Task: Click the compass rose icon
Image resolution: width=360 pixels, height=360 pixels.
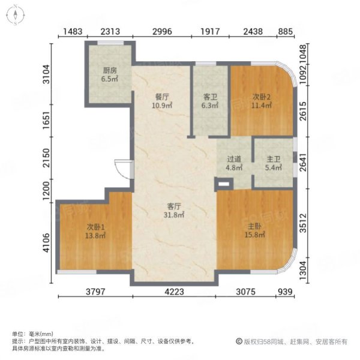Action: (x=16, y=15)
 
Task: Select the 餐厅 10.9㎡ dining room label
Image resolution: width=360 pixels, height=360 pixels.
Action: (x=162, y=101)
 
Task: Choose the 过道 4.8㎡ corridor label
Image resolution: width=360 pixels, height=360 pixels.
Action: (x=234, y=163)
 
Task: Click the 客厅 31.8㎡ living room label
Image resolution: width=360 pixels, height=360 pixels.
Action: (x=174, y=211)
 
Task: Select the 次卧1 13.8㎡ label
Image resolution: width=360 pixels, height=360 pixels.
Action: (x=95, y=231)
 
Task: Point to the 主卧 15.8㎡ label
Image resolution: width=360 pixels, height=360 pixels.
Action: (x=254, y=230)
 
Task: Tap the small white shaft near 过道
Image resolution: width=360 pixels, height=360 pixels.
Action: (x=224, y=184)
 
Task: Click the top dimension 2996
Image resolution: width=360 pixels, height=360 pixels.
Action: (x=162, y=31)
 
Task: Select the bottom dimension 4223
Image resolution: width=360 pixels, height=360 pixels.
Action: (x=174, y=292)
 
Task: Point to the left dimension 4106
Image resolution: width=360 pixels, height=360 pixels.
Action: (x=46, y=242)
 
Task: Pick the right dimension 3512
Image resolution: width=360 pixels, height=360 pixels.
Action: (x=303, y=223)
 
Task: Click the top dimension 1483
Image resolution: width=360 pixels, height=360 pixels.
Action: (x=73, y=31)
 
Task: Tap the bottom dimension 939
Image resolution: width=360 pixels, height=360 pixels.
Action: (x=285, y=292)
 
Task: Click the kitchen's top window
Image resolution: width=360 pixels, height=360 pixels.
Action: (x=110, y=43)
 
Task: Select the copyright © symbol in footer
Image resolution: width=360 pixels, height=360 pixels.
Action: (x=239, y=341)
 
